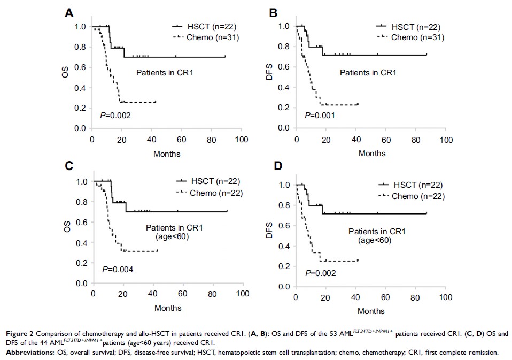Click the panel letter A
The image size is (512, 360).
click(69, 13)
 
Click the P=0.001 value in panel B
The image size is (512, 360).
click(320, 115)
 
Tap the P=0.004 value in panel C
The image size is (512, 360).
click(118, 269)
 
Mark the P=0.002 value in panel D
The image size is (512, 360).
click(321, 273)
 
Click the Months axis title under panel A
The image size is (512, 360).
click(167, 154)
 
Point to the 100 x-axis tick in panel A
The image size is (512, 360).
click(242, 140)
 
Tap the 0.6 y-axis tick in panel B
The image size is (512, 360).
click(285, 67)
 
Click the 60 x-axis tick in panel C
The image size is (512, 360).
click(183, 294)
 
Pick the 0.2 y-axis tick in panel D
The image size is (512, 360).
click(285, 266)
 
